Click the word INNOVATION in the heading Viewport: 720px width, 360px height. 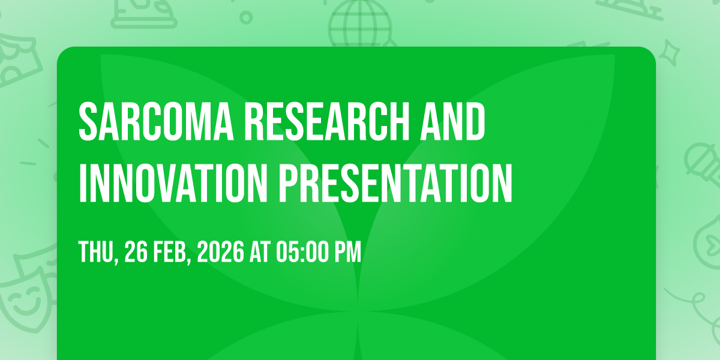pos(173,183)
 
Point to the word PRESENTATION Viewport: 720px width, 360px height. pos(395,183)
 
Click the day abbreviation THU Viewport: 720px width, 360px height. pos(98,253)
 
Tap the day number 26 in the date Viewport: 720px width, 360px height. pos(136,252)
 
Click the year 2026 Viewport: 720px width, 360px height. pos(221,252)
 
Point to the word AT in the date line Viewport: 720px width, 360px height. pos(260,252)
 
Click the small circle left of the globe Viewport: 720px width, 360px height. pos(246,17)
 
